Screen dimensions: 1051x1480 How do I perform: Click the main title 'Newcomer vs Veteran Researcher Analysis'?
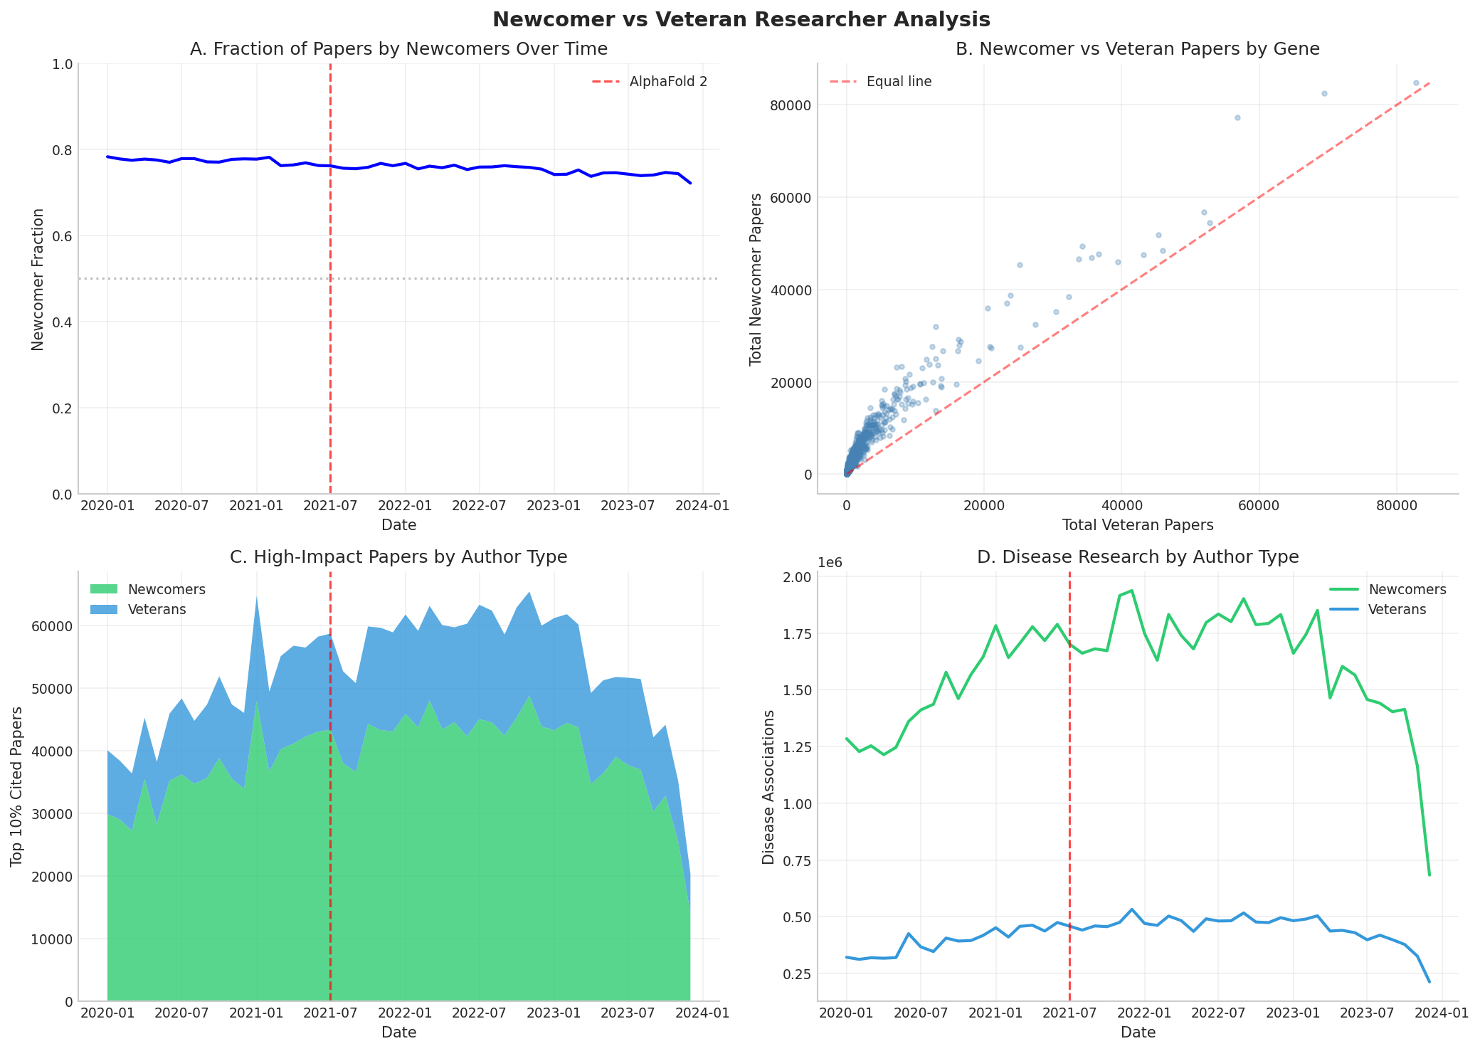coord(740,19)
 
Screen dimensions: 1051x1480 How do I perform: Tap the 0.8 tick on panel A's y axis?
coord(63,150)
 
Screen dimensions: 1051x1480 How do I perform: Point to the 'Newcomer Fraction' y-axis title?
coord(38,279)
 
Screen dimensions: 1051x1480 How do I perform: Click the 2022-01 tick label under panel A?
coord(406,506)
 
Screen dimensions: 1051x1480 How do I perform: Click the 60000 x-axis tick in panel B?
coord(1259,506)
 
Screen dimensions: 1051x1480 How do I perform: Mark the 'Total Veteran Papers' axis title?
coord(1138,525)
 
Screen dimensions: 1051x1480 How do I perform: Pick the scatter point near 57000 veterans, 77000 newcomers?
coord(1237,117)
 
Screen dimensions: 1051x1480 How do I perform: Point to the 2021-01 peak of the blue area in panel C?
coord(256,596)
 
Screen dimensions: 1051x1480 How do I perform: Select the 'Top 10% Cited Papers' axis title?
coord(16,786)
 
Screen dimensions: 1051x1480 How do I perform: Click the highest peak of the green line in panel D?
coord(1132,591)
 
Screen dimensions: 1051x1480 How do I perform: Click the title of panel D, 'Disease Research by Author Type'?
coord(1138,557)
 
